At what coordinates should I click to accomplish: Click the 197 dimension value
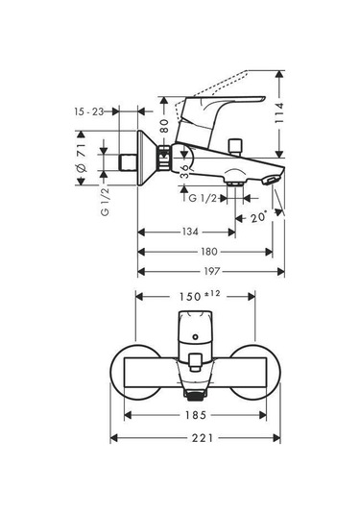pos(211,272)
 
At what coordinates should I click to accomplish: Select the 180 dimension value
pos(209,252)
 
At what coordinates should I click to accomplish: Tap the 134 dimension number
pos(190,233)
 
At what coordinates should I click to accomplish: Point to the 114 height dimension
pos(279,112)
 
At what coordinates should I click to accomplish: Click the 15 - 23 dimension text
pos(88,111)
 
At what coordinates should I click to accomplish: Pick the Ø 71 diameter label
pos(82,158)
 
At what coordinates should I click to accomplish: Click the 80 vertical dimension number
pos(165,126)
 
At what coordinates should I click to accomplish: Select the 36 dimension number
pos(184,171)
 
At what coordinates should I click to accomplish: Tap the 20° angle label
pos(259,217)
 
